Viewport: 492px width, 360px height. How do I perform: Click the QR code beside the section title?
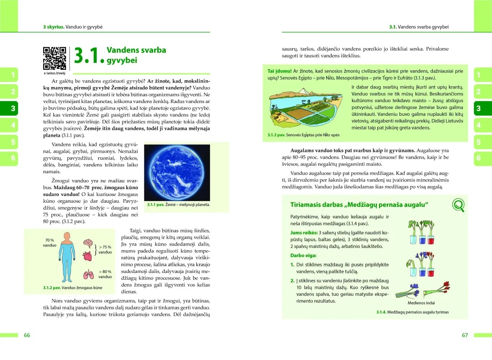(54, 58)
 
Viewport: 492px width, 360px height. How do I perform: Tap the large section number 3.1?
(89, 57)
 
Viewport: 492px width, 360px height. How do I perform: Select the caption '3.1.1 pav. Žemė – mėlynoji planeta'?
(178, 205)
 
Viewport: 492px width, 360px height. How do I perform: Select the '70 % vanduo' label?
(49, 243)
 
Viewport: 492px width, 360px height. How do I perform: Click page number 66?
(27, 335)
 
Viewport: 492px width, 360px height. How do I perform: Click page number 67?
(465, 335)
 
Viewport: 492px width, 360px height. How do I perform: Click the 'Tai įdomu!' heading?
(280, 71)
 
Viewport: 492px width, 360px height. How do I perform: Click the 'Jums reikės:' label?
(304, 232)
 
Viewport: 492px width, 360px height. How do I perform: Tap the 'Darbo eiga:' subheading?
(303, 255)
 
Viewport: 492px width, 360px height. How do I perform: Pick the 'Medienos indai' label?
(421, 303)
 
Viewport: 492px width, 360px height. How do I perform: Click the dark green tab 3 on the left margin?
(13, 108)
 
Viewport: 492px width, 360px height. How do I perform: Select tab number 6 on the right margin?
(478, 158)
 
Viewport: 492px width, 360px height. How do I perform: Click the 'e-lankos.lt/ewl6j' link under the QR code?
(55, 73)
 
